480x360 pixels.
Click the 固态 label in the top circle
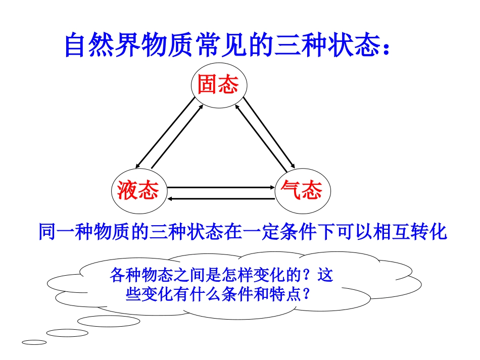[218, 85]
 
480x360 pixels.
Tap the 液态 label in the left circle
[138, 191]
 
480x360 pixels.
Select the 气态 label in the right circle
[302, 191]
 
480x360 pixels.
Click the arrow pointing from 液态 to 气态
[220, 187]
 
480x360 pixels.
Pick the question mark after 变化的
[310, 276]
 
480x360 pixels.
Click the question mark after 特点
[305, 295]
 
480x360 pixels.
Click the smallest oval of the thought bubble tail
[34, 342]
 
